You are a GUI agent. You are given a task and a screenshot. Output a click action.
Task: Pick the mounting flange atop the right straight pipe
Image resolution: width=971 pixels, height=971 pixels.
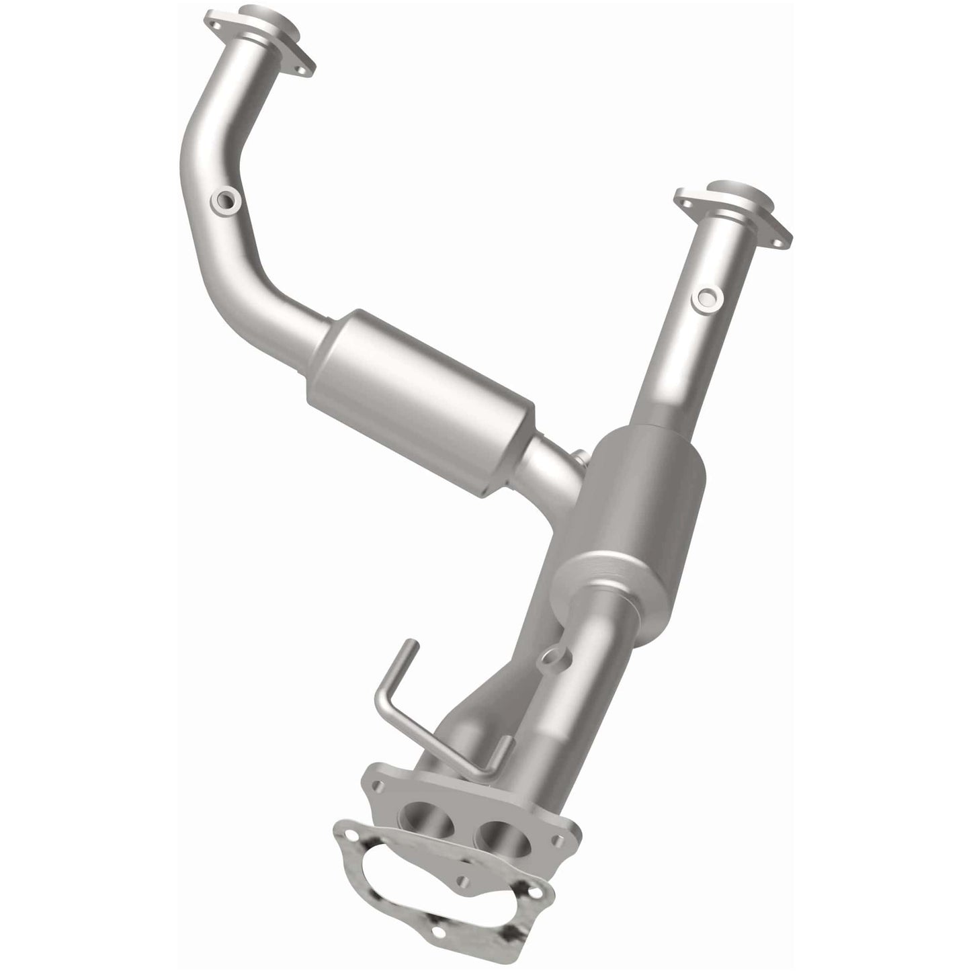tap(734, 209)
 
